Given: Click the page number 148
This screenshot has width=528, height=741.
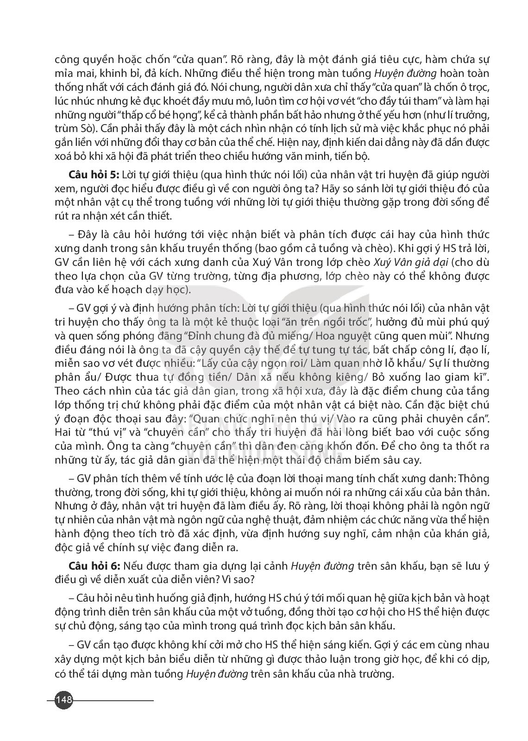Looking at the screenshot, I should [63, 699].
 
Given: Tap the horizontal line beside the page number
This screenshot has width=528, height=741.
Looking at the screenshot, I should [113, 699].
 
